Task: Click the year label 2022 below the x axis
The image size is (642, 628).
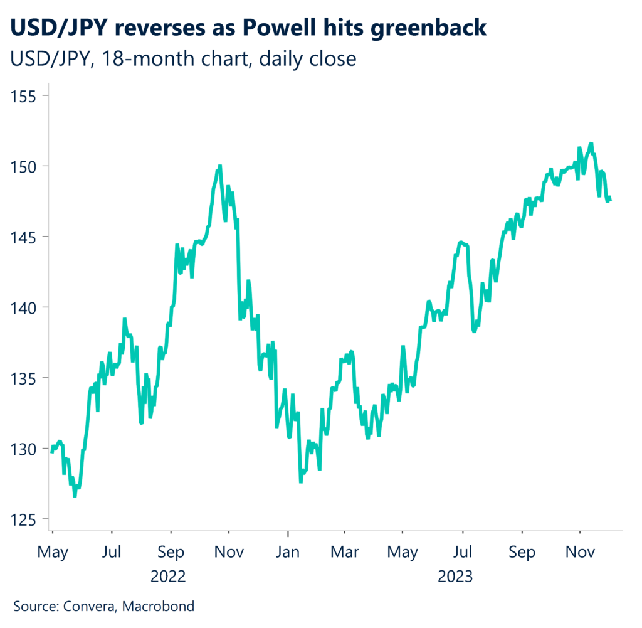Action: click(x=169, y=575)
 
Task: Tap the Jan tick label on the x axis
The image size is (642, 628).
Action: click(x=288, y=552)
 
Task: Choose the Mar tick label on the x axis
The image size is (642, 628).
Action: click(x=344, y=552)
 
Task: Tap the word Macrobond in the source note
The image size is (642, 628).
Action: click(x=159, y=607)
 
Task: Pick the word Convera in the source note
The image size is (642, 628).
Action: click(x=89, y=607)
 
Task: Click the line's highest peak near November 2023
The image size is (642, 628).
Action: click(x=591, y=144)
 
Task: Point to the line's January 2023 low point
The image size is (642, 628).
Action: click(x=301, y=481)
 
